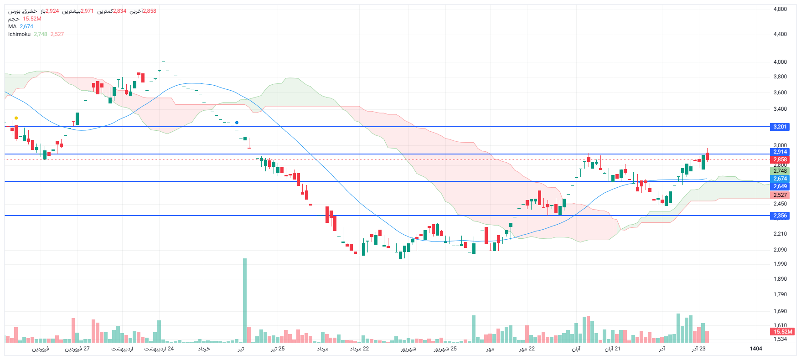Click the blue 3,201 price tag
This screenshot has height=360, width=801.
point(780,127)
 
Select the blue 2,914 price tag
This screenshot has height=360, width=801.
point(780,152)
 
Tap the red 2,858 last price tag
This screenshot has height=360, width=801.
point(780,159)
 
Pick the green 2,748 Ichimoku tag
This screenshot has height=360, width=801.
point(780,171)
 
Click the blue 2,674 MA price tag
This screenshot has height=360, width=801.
point(780,179)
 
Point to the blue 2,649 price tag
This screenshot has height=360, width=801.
point(780,186)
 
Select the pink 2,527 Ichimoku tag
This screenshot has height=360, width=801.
point(780,195)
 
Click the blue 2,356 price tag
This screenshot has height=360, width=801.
point(780,216)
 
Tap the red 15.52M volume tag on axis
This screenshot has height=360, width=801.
point(783,332)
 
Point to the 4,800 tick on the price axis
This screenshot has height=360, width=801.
point(780,9)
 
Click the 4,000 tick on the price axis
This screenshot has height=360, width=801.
point(780,62)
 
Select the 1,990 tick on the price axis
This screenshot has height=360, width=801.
point(780,264)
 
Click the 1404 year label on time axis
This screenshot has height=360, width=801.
point(756,349)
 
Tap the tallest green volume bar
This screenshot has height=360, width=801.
point(245,301)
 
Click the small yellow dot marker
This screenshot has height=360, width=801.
point(16,118)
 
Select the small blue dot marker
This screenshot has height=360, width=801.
point(237,123)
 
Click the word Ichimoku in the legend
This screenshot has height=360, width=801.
point(19,34)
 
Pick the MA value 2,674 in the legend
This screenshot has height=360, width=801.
point(26,26)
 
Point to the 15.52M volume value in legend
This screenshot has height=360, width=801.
point(32,19)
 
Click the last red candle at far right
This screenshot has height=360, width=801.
point(707,156)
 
